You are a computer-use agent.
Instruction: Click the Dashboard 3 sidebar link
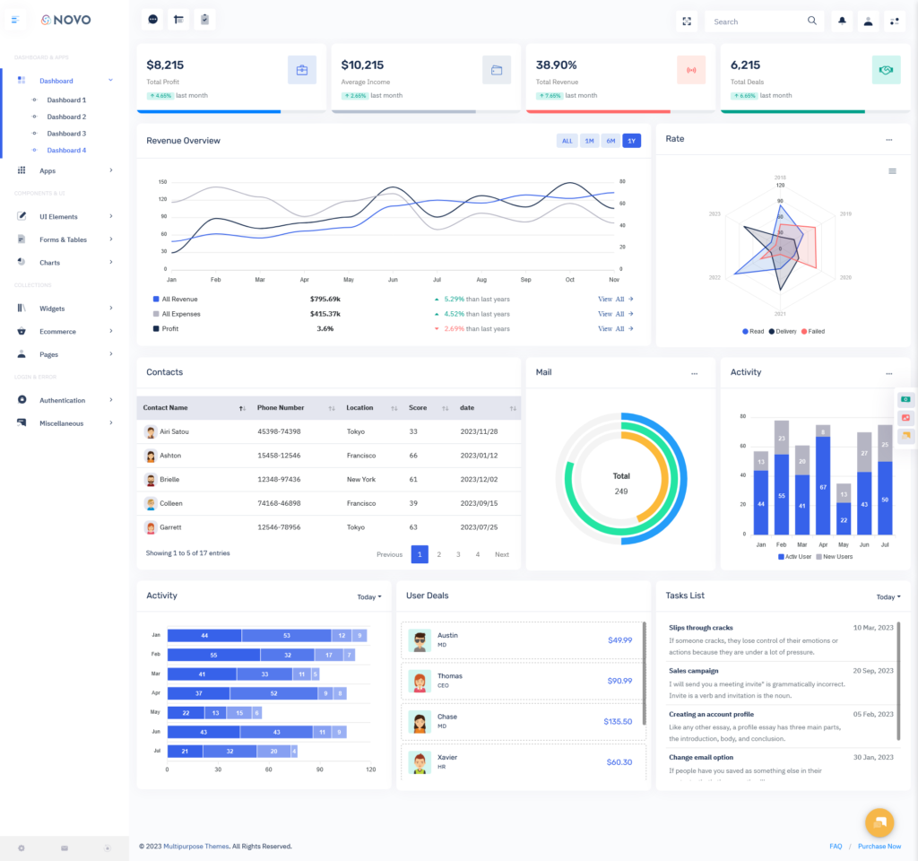(x=66, y=134)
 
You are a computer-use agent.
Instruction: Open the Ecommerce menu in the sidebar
(x=57, y=332)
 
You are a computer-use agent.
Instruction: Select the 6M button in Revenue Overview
(x=611, y=141)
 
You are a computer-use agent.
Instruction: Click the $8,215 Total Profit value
(x=165, y=65)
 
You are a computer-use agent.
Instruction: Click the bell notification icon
(x=842, y=22)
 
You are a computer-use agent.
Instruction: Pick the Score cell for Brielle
(x=413, y=480)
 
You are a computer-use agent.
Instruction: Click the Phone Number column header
(x=281, y=408)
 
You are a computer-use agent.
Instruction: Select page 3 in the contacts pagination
(x=458, y=554)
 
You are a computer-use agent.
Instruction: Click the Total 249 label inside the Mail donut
(x=621, y=483)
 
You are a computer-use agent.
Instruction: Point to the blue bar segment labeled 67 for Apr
(x=823, y=485)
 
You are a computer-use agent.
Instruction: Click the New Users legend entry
(x=834, y=557)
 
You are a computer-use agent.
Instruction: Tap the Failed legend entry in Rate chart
(x=813, y=332)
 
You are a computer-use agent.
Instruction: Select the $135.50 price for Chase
(x=618, y=721)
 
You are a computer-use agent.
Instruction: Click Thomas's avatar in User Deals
(x=420, y=681)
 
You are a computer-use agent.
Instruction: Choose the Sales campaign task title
(x=694, y=671)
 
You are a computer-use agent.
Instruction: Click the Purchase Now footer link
(x=879, y=847)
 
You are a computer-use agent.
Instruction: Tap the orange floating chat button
(x=879, y=822)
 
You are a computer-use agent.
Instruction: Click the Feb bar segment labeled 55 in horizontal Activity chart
(x=213, y=655)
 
